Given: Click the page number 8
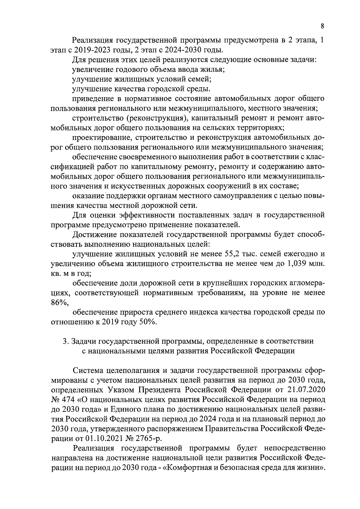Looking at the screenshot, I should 322,26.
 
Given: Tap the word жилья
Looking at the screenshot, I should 212,69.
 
